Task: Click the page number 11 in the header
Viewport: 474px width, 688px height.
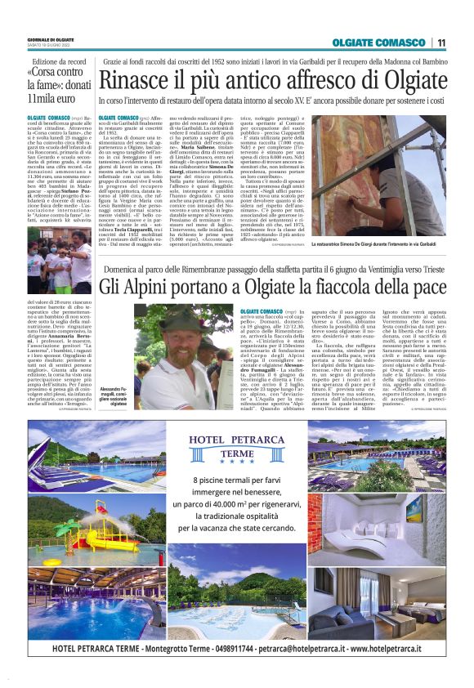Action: click(441, 42)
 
